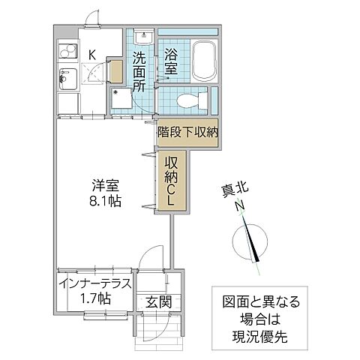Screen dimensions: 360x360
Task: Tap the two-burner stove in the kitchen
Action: pos(67,52)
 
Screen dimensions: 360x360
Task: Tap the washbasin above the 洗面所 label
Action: pos(142,38)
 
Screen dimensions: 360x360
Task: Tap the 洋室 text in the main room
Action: pos(105,185)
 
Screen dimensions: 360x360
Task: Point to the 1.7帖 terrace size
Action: pos(95,298)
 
